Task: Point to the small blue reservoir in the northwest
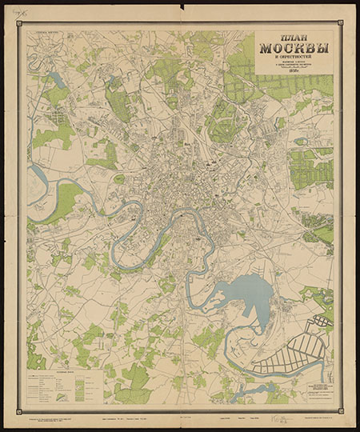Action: [56, 80]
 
